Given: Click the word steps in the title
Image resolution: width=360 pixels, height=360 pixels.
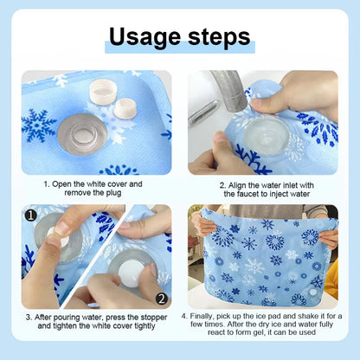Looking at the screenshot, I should pyautogui.click(x=217, y=36).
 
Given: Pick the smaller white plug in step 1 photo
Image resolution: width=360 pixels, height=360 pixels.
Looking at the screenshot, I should pyautogui.click(x=125, y=108).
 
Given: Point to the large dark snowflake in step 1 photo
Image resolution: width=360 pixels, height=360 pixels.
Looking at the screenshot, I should pyautogui.click(x=38, y=126).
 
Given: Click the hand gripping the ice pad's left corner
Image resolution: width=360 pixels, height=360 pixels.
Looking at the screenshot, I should pyautogui.click(x=202, y=223).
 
